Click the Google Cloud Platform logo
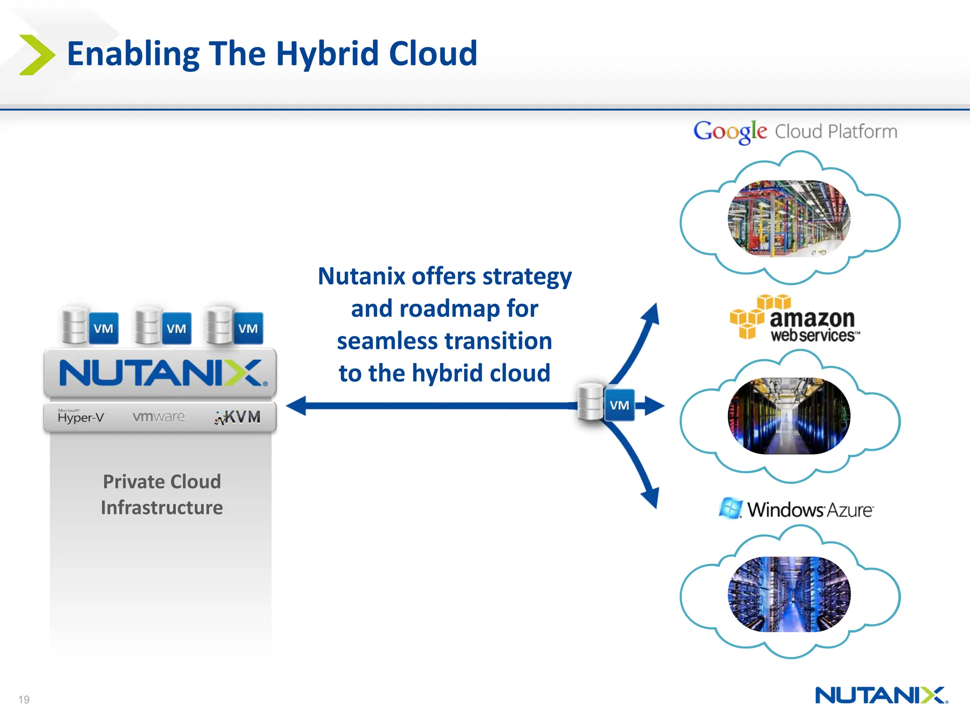pos(795,131)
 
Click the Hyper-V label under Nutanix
pos(81,417)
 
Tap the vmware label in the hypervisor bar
pos(159,417)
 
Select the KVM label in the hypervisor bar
pos(238,417)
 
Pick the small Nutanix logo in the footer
pos(881,695)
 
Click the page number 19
pos(24,700)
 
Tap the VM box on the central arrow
pos(619,405)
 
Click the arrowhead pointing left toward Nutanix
pos(297,406)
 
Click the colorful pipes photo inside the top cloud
pos(789,218)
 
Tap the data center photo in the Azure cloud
pos(789,594)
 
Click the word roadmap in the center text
pos(449,309)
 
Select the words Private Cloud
pos(162,482)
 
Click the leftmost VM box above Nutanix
pos(103,328)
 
